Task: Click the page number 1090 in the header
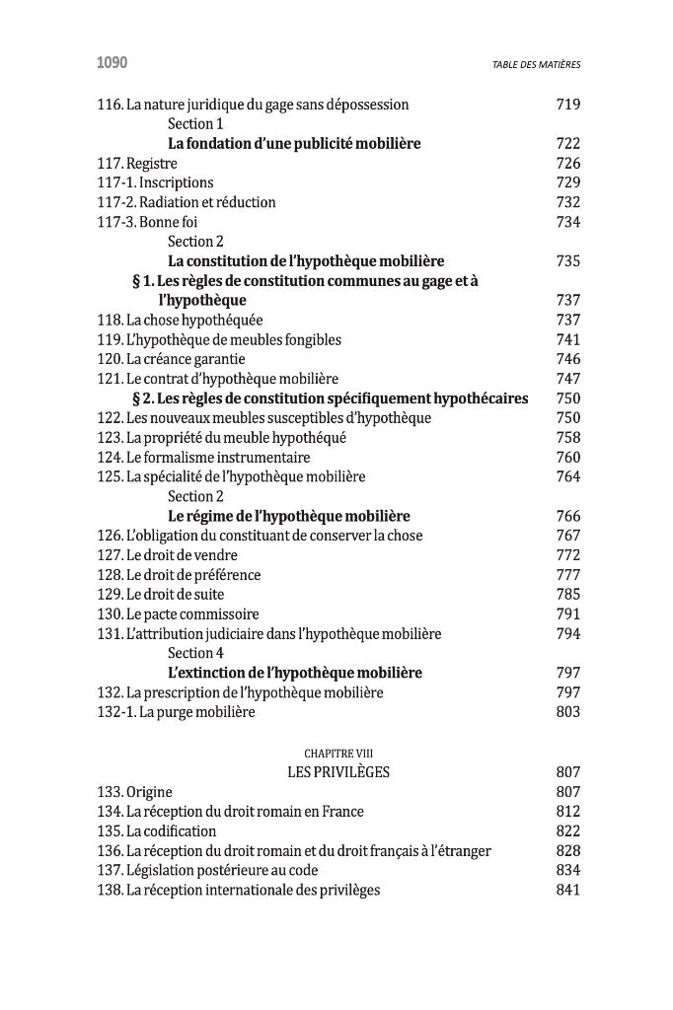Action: point(112,64)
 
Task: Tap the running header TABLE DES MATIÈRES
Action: point(536,65)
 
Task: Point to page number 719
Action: point(568,105)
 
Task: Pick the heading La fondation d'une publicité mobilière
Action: point(294,143)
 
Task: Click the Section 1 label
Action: point(195,123)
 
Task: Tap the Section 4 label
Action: point(195,653)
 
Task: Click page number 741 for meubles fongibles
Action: point(568,339)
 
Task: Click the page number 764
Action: point(568,476)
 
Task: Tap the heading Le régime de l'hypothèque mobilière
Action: point(289,516)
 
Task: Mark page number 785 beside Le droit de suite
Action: point(568,594)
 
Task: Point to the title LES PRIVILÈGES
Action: point(337,772)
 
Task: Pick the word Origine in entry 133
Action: point(149,792)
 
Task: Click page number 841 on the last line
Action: point(568,890)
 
